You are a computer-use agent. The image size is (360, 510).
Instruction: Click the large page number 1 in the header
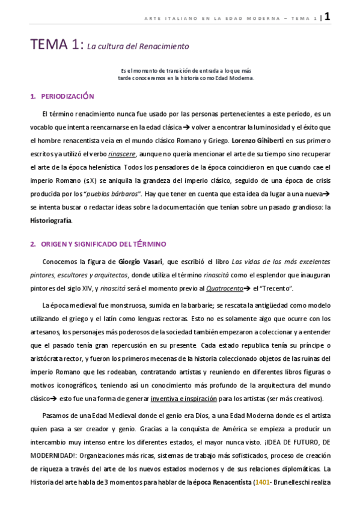click(x=327, y=17)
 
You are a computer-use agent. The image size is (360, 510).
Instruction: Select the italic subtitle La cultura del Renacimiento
click(x=138, y=46)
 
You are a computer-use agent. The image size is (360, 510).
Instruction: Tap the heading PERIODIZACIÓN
click(x=67, y=96)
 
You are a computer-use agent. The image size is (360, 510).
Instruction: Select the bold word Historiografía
click(x=51, y=220)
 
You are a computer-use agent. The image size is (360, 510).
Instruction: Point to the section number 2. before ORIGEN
click(x=34, y=244)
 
